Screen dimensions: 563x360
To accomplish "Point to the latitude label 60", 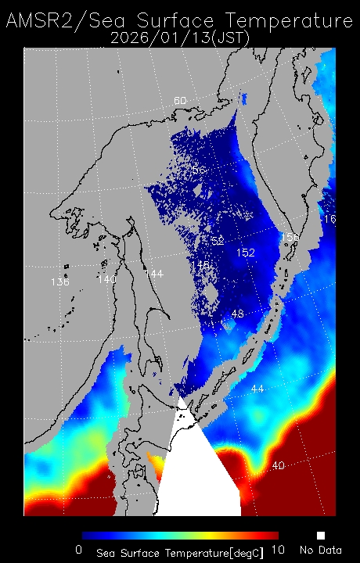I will (x=180, y=101).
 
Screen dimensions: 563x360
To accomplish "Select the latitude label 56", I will (x=199, y=170).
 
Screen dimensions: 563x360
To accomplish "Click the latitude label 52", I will (x=217, y=240).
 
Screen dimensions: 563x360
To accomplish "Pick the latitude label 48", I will (x=238, y=314).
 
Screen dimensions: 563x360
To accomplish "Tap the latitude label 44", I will (x=257, y=389).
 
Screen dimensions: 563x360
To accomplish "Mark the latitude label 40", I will (x=278, y=465).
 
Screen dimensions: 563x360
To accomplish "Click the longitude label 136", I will (x=59, y=281).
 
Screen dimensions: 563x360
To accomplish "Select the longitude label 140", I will (x=106, y=278).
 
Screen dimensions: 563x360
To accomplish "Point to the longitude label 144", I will (x=153, y=273).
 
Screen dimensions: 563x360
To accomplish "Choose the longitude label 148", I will (x=200, y=265).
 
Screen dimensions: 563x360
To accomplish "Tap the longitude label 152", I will (x=246, y=253).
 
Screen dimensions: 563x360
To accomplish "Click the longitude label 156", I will (x=290, y=236).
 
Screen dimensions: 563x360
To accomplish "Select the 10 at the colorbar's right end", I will (x=276, y=550).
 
